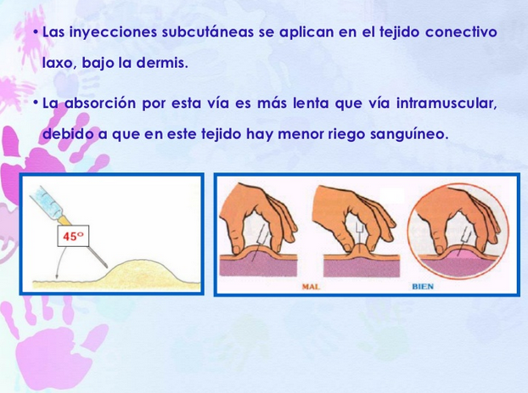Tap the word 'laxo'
(x=58, y=64)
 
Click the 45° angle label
(x=73, y=237)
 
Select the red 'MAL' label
(x=313, y=287)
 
